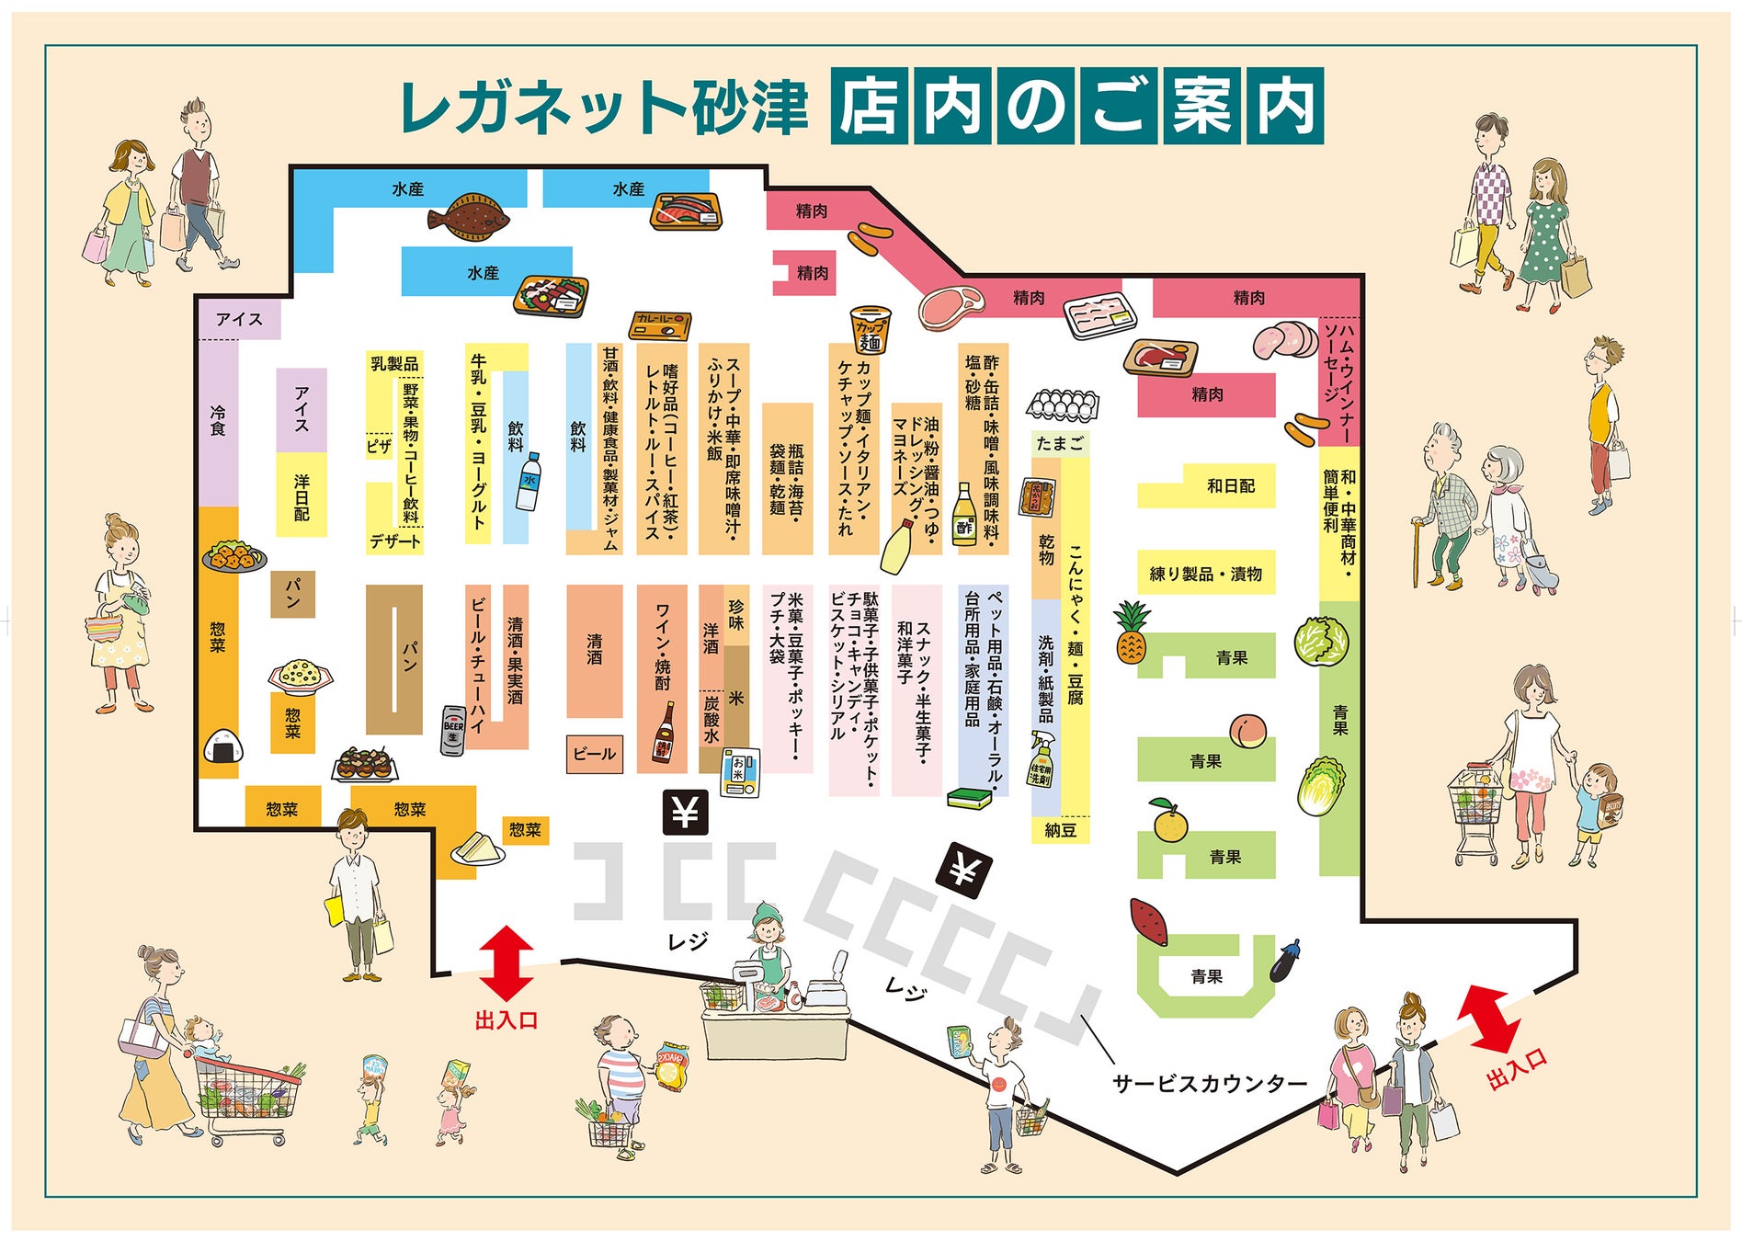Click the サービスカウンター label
1209,1083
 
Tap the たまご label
1060,443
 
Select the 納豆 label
1060,830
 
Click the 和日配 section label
1230,485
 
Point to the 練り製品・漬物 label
1205,574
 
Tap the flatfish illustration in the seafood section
469,217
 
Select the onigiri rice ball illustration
223,746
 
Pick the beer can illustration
453,731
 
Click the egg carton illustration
1062,404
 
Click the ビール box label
595,754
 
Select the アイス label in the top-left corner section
239,319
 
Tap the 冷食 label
218,420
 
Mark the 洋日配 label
302,497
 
